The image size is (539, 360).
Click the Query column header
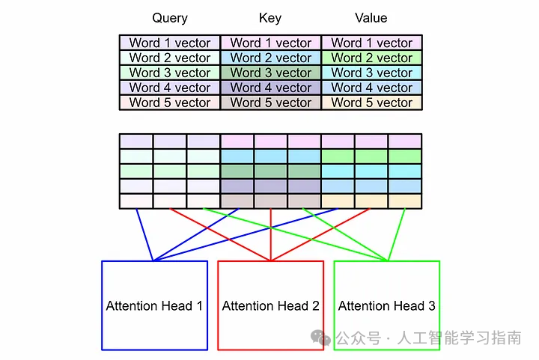(x=170, y=18)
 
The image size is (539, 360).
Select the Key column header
(x=270, y=18)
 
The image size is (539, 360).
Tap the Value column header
(x=371, y=18)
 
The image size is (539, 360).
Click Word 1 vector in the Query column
(x=170, y=43)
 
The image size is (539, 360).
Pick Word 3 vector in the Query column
(x=170, y=73)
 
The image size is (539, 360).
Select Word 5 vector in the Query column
(x=170, y=103)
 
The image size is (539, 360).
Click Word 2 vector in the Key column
(x=271, y=58)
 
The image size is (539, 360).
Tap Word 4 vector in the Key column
(x=271, y=88)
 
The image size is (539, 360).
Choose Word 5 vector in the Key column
(x=271, y=103)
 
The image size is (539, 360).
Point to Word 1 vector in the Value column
(x=372, y=43)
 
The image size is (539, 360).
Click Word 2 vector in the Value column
(x=372, y=58)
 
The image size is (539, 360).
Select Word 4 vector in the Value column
(x=372, y=88)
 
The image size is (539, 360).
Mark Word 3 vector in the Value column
(x=372, y=73)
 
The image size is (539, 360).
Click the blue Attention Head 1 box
(x=154, y=305)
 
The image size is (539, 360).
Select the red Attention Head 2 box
(x=270, y=305)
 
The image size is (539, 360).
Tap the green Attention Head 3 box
(x=386, y=305)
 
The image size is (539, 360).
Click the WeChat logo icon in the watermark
(x=322, y=338)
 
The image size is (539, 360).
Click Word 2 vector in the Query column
(x=170, y=58)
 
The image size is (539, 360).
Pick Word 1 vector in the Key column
(x=271, y=43)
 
